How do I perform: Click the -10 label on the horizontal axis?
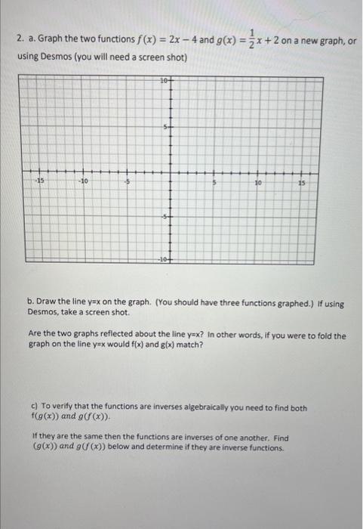84,181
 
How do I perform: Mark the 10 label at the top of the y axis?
164,79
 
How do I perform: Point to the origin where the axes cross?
170,172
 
